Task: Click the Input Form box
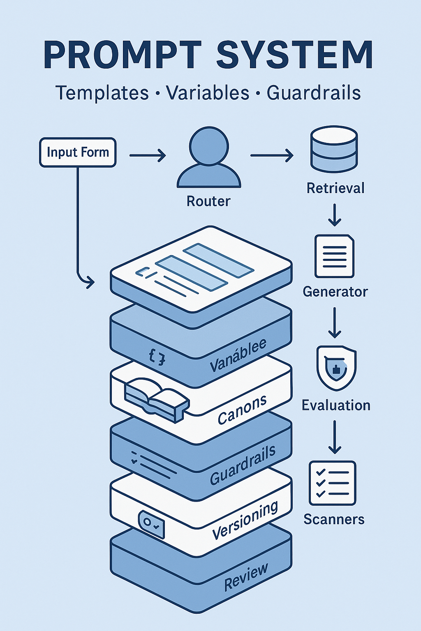pos(78,152)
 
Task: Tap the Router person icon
pos(208,158)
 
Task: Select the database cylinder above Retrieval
pos(333,149)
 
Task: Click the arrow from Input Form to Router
pos(147,155)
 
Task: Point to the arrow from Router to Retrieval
pos(271,155)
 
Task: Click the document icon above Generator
pos(334,256)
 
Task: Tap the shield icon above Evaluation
pos(336,368)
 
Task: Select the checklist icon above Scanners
pos(332,483)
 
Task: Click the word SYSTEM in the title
pos(294,55)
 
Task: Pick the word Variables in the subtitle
pos(208,93)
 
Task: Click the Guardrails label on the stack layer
pos(243,465)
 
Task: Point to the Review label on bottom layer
pos(246,577)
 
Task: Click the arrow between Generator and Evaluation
pos(335,322)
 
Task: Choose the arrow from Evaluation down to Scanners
pos(335,437)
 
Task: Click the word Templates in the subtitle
pos(102,93)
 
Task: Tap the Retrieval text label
pos(335,188)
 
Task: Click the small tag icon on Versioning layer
pos(152,525)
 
